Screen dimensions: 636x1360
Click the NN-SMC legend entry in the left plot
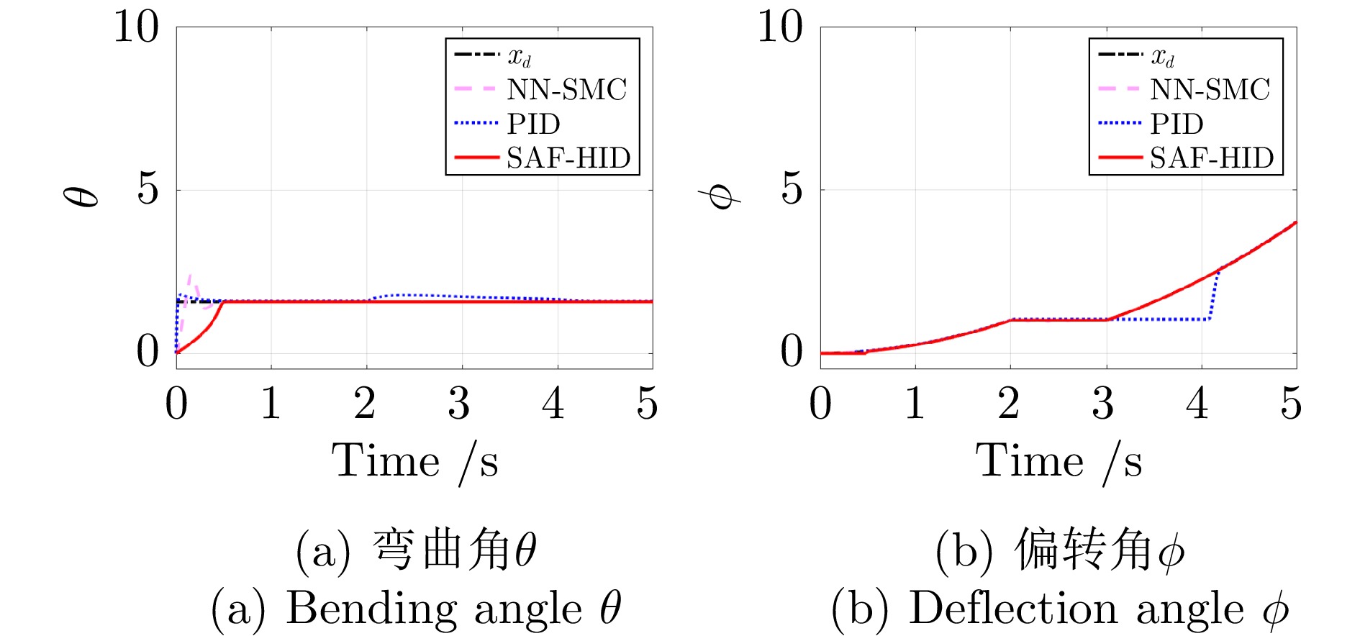click(566, 90)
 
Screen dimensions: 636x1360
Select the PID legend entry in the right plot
click(1177, 124)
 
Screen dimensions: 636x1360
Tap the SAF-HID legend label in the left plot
click(568, 158)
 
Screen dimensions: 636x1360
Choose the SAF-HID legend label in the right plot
click(1211, 158)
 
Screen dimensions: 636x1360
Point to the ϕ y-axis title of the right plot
click(720, 196)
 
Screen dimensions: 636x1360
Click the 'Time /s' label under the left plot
click(414, 461)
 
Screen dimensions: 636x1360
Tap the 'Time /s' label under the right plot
click(1058, 461)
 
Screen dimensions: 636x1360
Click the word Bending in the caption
click(371, 609)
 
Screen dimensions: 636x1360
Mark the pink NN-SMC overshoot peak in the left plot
click(190, 276)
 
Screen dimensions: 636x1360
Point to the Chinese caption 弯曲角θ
click(454, 551)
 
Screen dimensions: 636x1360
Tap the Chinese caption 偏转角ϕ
click(1098, 551)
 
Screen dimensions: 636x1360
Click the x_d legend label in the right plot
click(1162, 55)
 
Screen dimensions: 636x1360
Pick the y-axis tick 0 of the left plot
click(148, 352)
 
